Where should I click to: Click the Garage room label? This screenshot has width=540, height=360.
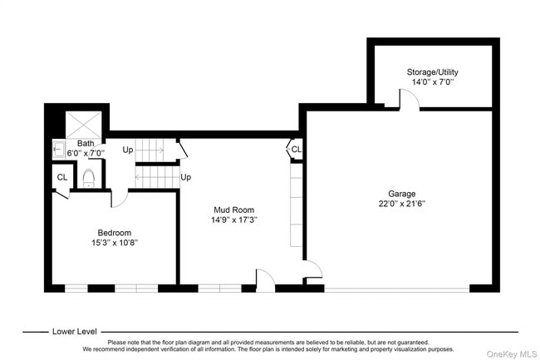(401, 194)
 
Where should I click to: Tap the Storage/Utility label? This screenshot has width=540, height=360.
(433, 72)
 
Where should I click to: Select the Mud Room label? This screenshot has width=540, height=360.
(233, 210)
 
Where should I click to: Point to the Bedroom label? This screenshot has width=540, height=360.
(115, 233)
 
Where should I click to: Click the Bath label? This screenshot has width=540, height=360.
(86, 143)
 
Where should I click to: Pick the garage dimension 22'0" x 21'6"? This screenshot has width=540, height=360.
(402, 204)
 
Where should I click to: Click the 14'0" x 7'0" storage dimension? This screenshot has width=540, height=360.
(433, 82)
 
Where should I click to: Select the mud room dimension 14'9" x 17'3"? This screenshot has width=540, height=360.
(234, 219)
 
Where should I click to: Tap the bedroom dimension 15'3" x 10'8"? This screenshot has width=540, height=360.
(115, 243)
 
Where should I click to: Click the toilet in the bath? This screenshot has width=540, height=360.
(89, 178)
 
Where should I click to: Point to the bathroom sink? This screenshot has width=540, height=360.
(59, 150)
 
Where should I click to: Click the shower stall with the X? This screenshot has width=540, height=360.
(83, 125)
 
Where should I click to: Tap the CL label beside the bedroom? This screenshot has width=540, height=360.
(62, 177)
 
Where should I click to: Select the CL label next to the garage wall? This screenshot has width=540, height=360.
(297, 150)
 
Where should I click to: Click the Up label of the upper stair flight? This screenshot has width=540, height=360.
(128, 150)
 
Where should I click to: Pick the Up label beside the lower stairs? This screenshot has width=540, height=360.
(185, 177)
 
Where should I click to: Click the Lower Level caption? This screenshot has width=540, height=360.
(75, 332)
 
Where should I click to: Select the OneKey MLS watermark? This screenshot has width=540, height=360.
(512, 354)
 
